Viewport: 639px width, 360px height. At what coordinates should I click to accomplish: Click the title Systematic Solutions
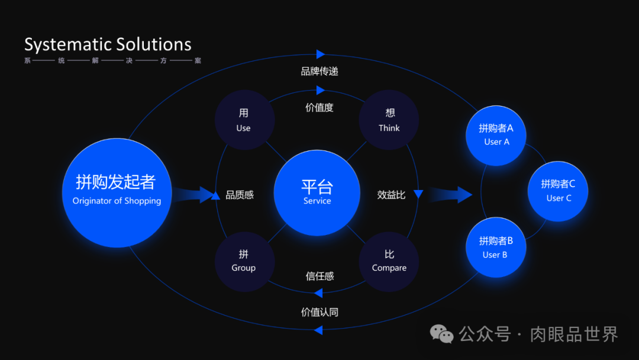tap(108, 45)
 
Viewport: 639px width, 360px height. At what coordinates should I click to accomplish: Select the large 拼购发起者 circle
tap(117, 192)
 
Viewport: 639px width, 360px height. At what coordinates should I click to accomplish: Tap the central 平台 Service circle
tap(317, 192)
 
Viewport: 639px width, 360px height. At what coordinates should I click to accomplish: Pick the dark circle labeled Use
tap(244, 120)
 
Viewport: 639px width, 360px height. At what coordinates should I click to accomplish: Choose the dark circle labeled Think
tap(389, 120)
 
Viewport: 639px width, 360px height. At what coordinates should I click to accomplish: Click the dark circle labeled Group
tap(244, 261)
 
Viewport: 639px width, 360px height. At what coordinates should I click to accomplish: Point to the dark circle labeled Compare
tap(389, 261)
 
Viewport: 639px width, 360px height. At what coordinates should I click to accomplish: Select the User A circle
tap(496, 135)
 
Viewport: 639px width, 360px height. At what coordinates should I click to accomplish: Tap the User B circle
tap(496, 247)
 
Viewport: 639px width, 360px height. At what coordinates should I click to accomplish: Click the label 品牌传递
tap(319, 72)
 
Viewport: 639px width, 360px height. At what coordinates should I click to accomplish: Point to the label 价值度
tap(319, 108)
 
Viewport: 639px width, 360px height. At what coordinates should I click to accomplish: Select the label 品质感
tap(240, 195)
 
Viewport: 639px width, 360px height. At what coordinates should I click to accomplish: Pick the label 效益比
tap(391, 195)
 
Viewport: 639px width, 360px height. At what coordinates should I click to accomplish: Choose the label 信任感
tap(319, 276)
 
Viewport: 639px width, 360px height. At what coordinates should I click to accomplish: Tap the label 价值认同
tap(319, 312)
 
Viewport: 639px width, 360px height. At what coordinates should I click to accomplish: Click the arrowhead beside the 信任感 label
tap(318, 292)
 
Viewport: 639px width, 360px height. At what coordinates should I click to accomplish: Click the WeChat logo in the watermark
tap(442, 334)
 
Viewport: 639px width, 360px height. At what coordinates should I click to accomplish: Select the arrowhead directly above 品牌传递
tap(321, 54)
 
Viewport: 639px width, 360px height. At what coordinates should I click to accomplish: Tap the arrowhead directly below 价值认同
tap(318, 329)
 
